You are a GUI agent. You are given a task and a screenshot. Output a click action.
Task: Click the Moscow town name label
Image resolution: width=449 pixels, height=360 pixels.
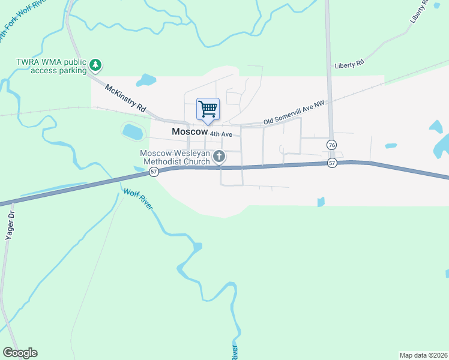point(189,131)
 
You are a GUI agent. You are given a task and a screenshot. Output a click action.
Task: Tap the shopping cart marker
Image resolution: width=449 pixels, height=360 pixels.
point(208,109)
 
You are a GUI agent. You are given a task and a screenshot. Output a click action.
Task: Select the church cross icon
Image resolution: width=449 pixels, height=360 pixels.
point(220,157)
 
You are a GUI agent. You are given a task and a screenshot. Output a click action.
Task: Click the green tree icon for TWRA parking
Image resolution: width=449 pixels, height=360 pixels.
point(95,65)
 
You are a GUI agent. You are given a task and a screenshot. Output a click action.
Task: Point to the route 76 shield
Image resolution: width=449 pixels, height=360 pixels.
point(331,145)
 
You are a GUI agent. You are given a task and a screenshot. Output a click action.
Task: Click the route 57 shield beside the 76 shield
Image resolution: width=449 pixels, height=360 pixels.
point(332,163)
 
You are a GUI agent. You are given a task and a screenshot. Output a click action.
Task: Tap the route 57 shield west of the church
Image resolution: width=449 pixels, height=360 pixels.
point(154,172)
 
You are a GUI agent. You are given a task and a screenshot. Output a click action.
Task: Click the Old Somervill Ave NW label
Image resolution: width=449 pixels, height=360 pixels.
point(294,114)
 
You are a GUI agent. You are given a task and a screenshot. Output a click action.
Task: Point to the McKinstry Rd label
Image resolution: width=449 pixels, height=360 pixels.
point(126,98)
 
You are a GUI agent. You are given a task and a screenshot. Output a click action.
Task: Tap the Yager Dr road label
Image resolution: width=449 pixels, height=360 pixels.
point(10,226)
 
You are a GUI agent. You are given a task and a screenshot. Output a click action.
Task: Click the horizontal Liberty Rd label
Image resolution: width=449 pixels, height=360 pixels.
point(349,62)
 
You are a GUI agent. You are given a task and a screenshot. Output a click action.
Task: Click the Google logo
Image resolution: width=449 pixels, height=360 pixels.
point(20,352)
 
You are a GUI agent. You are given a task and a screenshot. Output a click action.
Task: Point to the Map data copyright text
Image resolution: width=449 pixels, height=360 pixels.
point(424,355)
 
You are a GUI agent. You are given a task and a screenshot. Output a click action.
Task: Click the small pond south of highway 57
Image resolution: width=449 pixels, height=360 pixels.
point(321,202)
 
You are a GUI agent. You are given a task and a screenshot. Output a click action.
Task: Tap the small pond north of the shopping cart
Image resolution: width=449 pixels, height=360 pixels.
point(146,80)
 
